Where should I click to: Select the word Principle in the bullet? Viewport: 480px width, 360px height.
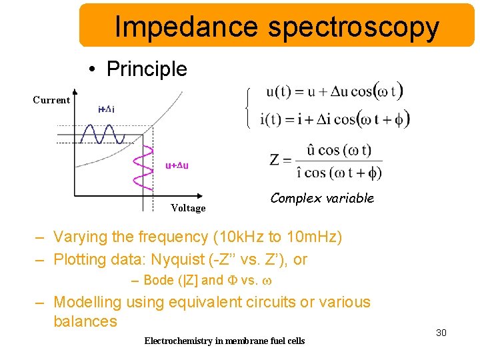coord(147,69)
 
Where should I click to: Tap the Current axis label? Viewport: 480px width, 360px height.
coord(51,100)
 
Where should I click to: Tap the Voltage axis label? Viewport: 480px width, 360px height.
coord(188,208)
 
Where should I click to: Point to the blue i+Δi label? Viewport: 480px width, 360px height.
coord(106,109)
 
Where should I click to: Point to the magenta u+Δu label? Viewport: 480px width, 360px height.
coord(177,165)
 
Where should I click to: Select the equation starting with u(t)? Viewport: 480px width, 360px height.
coord(334,92)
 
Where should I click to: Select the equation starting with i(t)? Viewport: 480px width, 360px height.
coord(337,119)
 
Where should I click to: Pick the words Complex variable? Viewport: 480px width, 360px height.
coord(322,198)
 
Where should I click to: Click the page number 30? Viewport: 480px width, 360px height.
coord(441,332)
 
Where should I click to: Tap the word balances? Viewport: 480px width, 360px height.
coord(85,321)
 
